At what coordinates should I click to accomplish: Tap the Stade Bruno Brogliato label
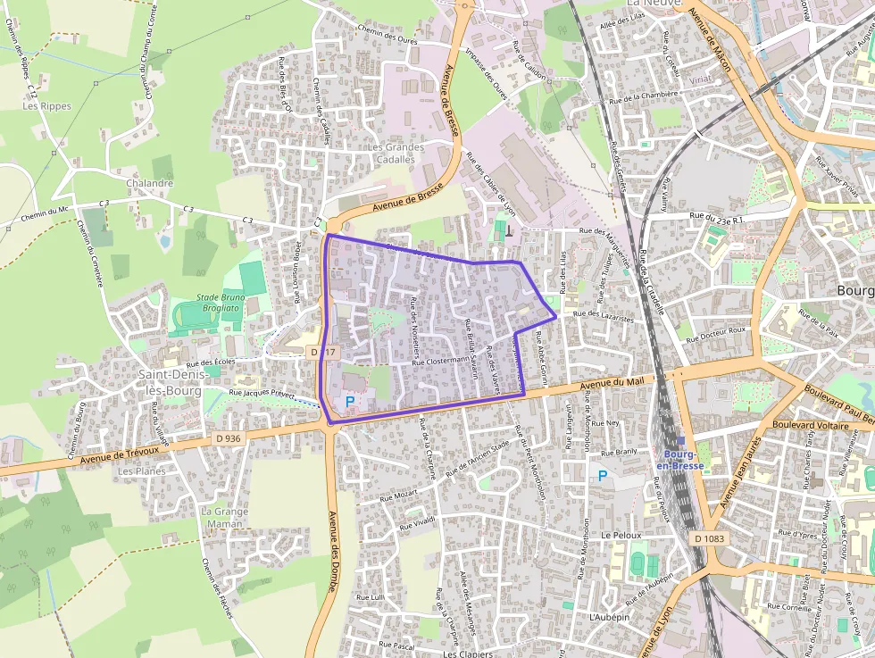tap(219, 302)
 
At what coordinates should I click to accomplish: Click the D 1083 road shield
tap(710, 538)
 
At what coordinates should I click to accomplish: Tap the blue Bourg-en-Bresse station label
tap(680, 459)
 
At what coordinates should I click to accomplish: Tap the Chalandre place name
tap(149, 183)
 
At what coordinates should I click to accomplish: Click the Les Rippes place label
tap(46, 105)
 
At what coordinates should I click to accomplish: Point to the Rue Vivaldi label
tap(417, 522)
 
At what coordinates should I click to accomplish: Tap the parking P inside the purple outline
tap(349, 402)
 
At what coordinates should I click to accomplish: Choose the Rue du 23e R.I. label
tap(718, 216)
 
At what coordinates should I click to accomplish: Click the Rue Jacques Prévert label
tap(262, 394)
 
